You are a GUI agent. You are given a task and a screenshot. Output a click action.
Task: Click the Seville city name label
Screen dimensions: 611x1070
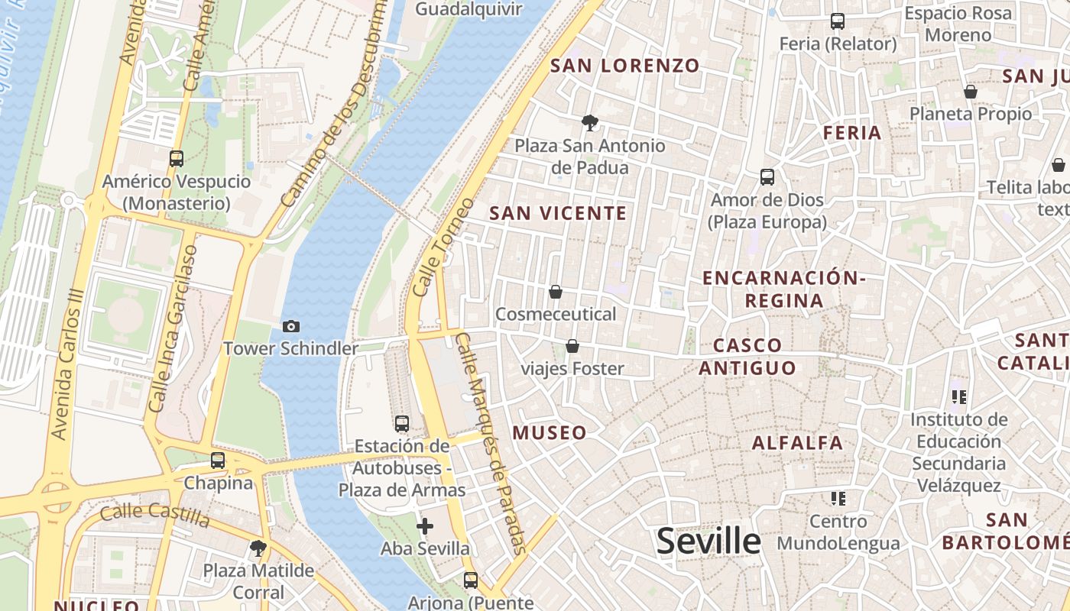click(x=708, y=541)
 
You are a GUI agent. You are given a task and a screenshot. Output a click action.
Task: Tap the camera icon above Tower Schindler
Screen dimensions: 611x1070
click(x=291, y=327)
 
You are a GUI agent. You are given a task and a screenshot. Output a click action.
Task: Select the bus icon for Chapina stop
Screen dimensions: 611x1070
click(x=218, y=461)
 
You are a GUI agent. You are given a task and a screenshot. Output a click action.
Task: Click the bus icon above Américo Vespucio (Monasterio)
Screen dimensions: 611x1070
click(x=177, y=159)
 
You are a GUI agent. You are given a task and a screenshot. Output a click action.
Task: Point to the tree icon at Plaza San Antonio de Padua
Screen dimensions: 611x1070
click(x=589, y=122)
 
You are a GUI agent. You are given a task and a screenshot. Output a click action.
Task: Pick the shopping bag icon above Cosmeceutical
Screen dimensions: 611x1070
click(x=556, y=292)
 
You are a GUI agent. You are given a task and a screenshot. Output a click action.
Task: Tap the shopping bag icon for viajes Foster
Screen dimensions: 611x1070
click(x=572, y=347)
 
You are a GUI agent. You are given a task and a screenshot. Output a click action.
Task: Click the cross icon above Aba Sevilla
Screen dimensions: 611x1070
click(x=425, y=526)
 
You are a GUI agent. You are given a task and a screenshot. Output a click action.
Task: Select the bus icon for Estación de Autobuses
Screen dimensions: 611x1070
click(x=402, y=424)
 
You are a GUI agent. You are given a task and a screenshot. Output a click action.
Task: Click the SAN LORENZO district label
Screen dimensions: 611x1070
click(x=625, y=66)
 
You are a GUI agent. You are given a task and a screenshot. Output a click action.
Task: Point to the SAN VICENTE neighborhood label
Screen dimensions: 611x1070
click(x=558, y=214)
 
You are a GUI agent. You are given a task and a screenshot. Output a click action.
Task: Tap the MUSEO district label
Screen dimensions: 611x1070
click(x=550, y=433)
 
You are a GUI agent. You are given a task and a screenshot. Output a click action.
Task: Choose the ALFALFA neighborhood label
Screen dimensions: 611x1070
click(x=797, y=443)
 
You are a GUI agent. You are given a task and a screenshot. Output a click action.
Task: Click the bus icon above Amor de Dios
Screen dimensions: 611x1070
click(x=767, y=177)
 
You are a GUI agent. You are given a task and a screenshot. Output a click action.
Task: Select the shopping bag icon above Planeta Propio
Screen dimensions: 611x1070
click(x=971, y=92)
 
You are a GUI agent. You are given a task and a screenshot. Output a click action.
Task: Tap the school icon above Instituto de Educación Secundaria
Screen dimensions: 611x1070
click(x=959, y=396)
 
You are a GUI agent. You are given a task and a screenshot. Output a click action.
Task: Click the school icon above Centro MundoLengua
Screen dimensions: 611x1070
click(x=838, y=499)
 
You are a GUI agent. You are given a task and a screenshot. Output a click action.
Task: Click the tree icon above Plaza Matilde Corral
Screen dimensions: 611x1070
click(x=258, y=548)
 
